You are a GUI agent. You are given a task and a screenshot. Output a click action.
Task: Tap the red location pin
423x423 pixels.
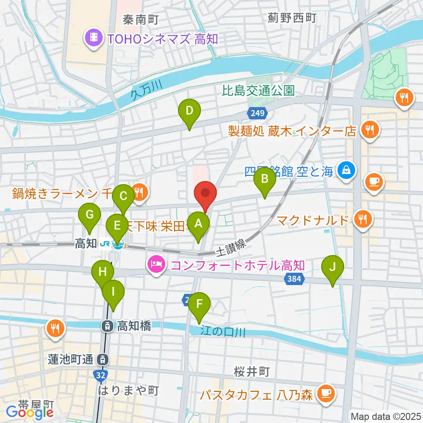tap(205, 193)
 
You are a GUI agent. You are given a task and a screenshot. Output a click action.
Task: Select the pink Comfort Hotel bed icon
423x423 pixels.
tap(156, 265)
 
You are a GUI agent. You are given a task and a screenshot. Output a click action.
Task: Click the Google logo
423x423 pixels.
tap(30, 412)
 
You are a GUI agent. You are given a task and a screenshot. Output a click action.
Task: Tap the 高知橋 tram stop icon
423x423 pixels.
tap(107, 327)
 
